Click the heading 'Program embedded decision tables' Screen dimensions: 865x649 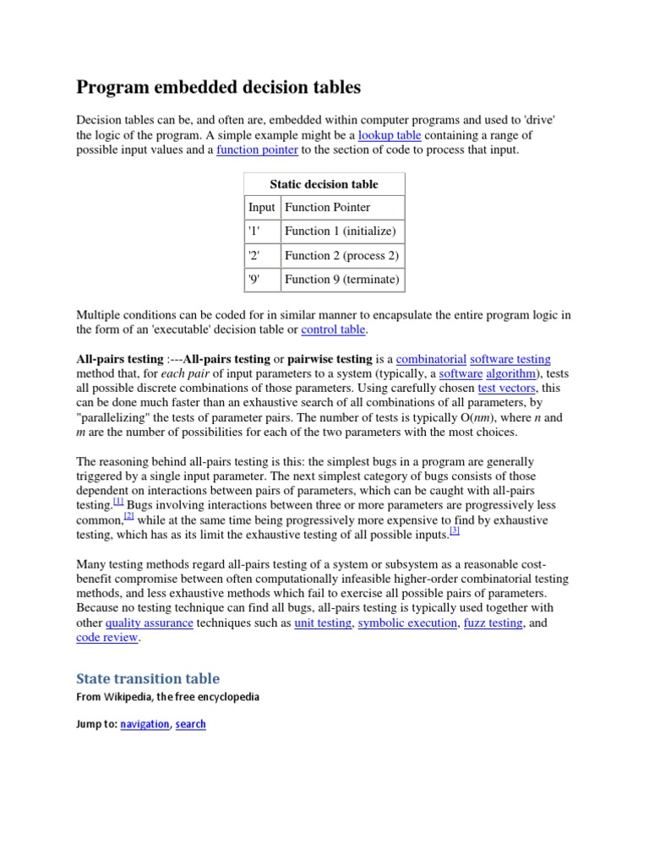click(x=218, y=87)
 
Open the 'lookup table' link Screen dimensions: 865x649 click(x=389, y=135)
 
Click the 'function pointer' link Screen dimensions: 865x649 click(x=257, y=150)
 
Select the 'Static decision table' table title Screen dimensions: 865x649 click(x=324, y=184)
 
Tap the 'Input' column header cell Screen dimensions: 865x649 click(x=261, y=208)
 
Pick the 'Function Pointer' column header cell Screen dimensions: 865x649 click(x=327, y=208)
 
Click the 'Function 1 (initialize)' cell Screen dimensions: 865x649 click(x=340, y=231)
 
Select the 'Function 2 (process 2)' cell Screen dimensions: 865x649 click(x=341, y=256)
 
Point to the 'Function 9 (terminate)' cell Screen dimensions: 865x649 click(x=341, y=280)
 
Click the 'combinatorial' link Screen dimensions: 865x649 click(x=431, y=359)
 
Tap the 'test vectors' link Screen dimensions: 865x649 click(x=506, y=389)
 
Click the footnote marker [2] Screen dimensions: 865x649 click(x=129, y=515)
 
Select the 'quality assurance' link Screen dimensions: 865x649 click(x=150, y=623)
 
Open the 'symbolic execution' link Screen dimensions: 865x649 click(x=408, y=623)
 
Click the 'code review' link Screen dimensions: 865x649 click(x=106, y=638)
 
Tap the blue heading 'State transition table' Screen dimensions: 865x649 click(x=148, y=678)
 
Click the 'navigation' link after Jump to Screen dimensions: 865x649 click(x=145, y=724)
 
